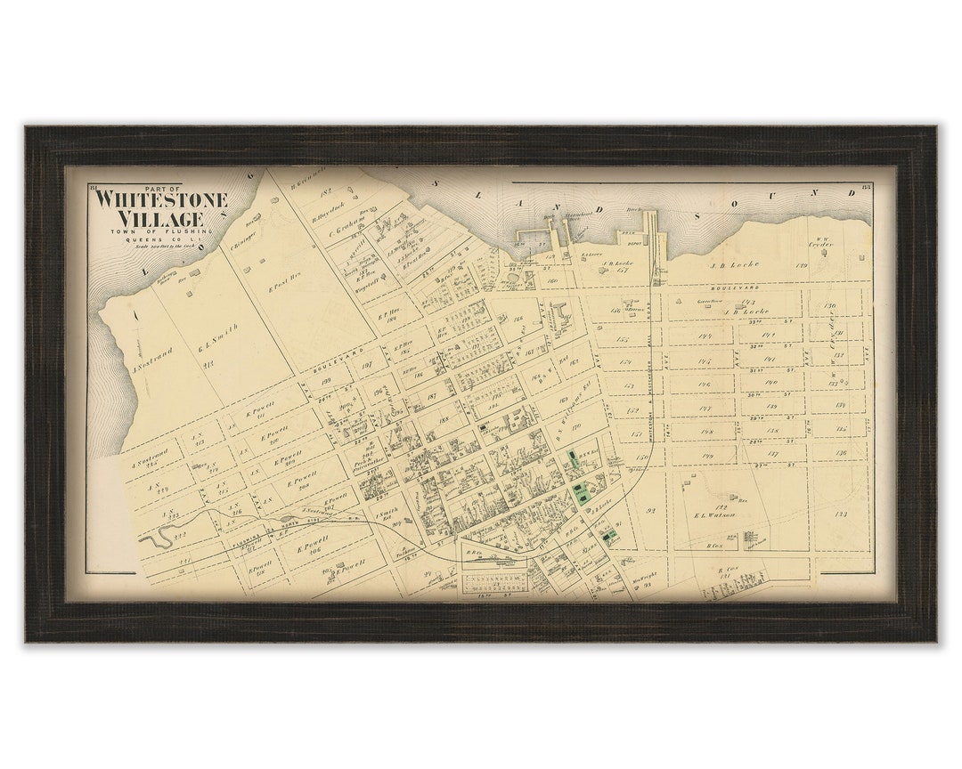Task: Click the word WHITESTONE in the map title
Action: tap(161, 199)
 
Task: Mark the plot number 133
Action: tap(840, 514)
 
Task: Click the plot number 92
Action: tap(650, 510)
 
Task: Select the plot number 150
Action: tap(641, 457)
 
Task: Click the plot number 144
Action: tap(704, 336)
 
